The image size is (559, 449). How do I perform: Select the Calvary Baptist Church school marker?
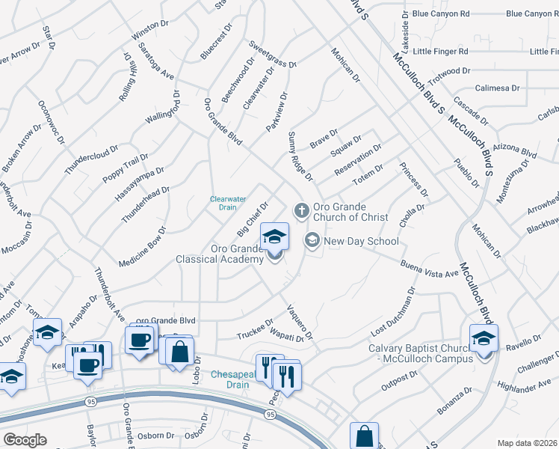(x=484, y=338)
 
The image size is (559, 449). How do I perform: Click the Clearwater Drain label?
(x=228, y=203)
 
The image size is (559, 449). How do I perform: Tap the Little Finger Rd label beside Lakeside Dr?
(x=440, y=52)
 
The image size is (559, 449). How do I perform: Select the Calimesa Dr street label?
(x=497, y=88)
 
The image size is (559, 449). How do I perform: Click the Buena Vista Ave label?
(x=429, y=269)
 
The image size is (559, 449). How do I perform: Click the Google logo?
(x=25, y=440)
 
